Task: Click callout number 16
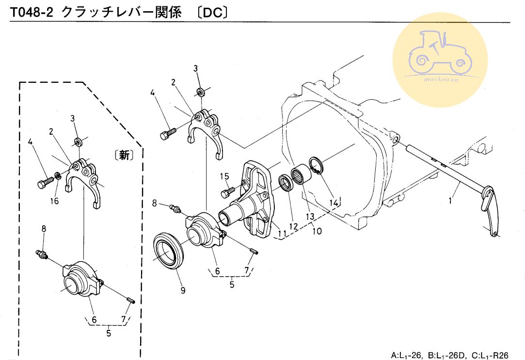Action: [x=55, y=201]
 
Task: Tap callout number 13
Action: [x=310, y=216]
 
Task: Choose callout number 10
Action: [x=317, y=231]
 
